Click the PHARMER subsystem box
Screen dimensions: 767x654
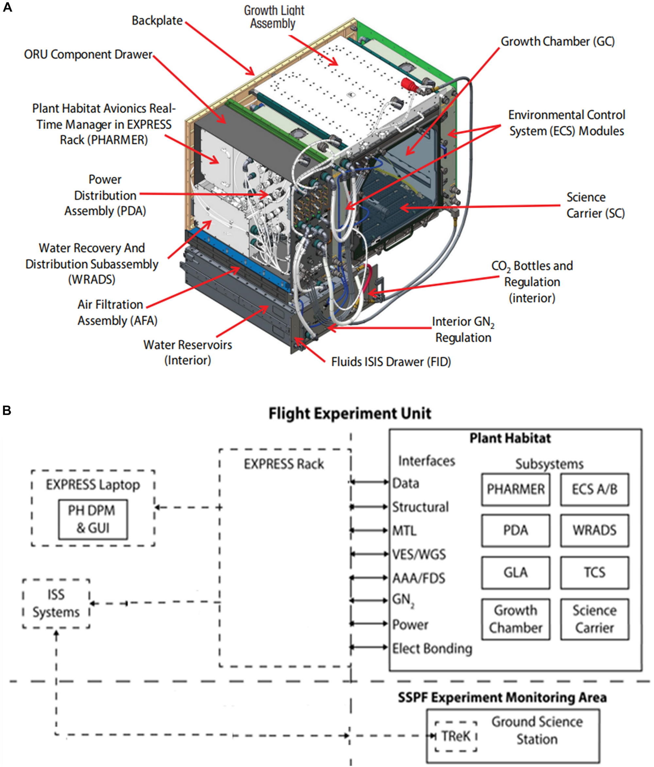pos(515,489)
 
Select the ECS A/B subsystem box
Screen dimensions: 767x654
pos(594,489)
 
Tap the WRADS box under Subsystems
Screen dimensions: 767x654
pos(594,530)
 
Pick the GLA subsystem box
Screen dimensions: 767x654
pos(515,572)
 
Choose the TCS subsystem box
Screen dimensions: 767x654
pos(594,572)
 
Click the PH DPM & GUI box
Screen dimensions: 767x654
pos(93,519)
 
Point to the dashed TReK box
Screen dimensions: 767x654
pos(455,736)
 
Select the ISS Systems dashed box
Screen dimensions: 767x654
pos(56,603)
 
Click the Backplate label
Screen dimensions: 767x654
pos(157,21)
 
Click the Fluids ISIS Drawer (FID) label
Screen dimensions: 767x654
pos(391,362)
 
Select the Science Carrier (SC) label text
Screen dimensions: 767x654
pos(595,205)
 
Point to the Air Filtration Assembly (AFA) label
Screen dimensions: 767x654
pos(117,312)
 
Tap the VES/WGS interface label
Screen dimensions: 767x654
pos(419,554)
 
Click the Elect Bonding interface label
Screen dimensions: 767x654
pos(432,649)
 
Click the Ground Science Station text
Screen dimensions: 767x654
pos(537,730)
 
